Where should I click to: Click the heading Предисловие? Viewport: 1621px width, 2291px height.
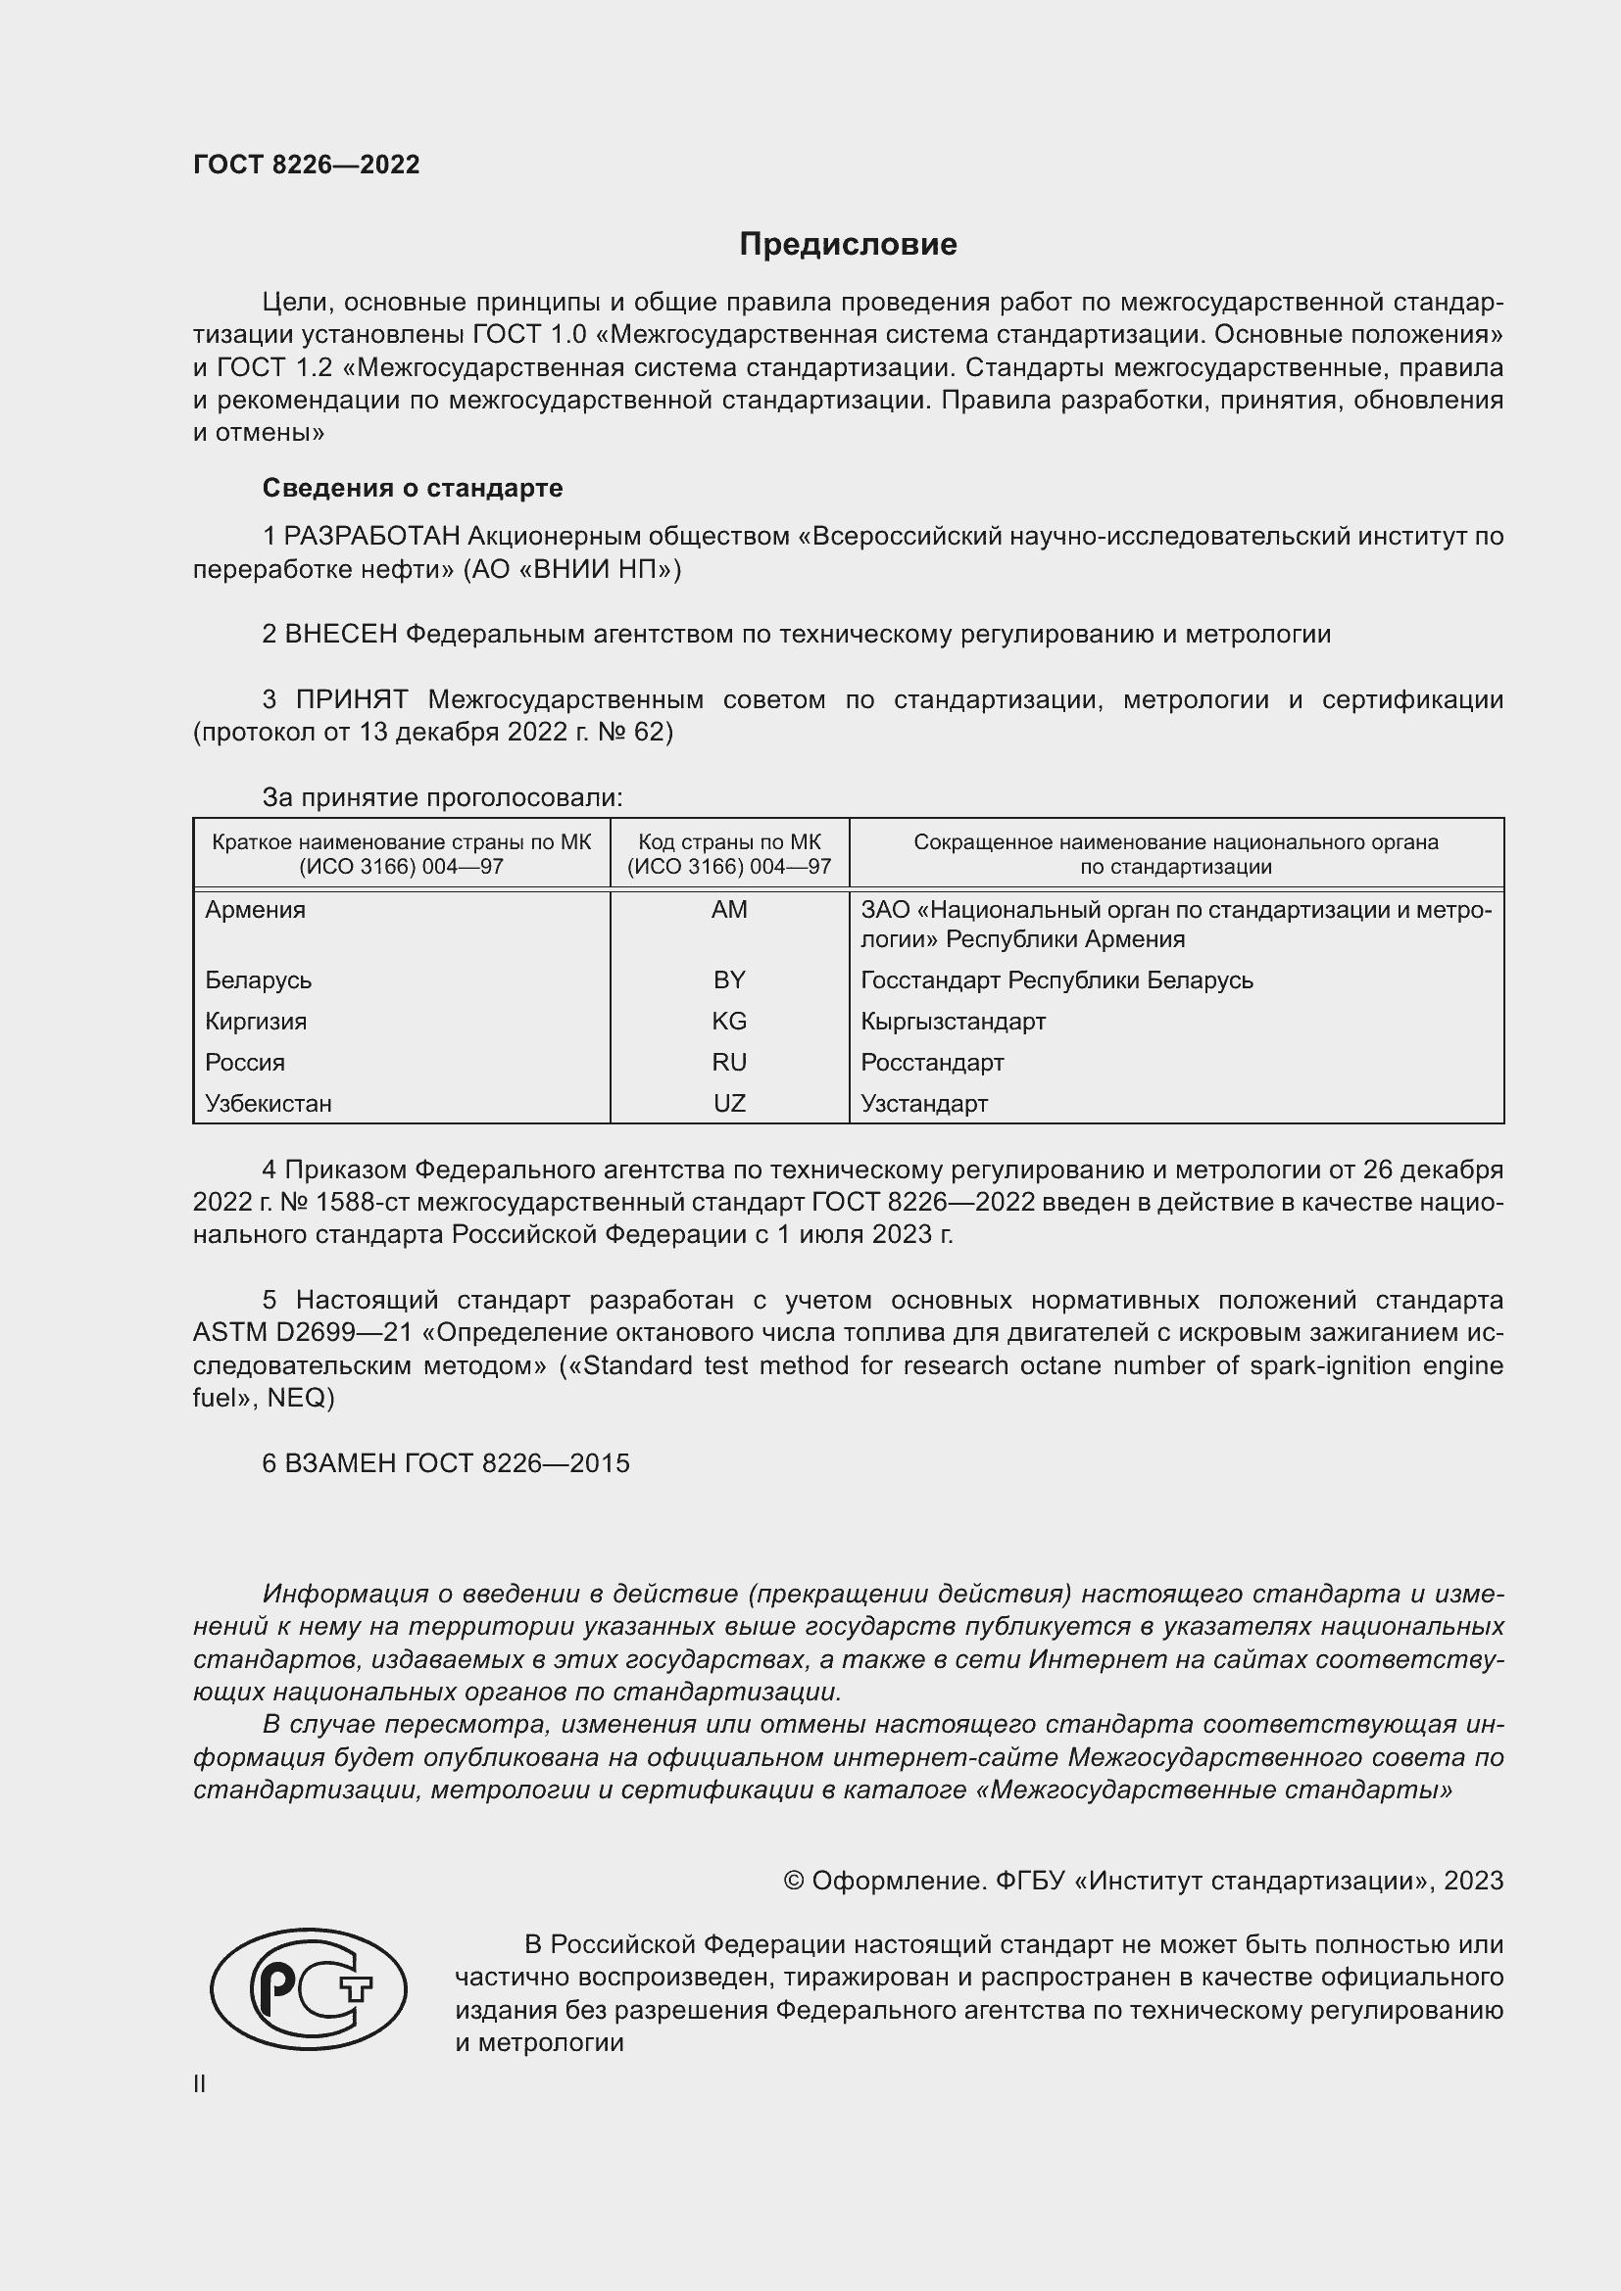pyautogui.click(x=848, y=245)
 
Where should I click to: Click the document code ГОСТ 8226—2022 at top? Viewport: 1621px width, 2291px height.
pyautogui.click(x=307, y=165)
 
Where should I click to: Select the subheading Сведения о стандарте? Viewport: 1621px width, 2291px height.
pyautogui.click(x=413, y=488)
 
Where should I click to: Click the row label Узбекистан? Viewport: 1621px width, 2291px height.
pyautogui.click(x=269, y=1104)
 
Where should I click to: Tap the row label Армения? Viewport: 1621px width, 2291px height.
pyautogui.click(x=256, y=910)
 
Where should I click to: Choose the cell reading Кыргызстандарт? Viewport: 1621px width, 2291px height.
pyautogui.click(x=954, y=1021)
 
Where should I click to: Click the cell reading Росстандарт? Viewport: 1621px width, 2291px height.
pyautogui.click(x=932, y=1062)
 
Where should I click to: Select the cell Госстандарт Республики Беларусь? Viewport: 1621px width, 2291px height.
pyautogui.click(x=1056, y=979)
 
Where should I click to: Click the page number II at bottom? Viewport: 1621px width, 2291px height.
pyautogui.click(x=200, y=2084)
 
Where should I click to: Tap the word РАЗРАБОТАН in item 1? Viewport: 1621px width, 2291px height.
pyautogui.click(x=371, y=537)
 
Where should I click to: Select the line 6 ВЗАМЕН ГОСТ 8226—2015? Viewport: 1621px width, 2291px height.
pyautogui.click(x=445, y=1463)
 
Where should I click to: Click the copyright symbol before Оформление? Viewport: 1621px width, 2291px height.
pyautogui.click(x=794, y=1881)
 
